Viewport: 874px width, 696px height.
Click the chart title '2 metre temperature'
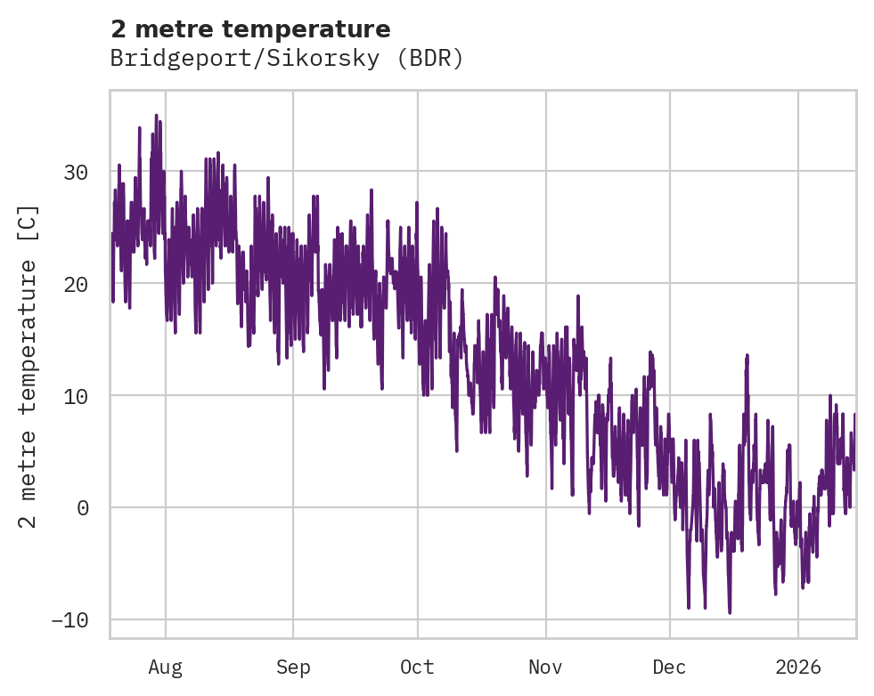click(250, 29)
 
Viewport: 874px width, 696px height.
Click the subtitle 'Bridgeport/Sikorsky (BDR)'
click(287, 59)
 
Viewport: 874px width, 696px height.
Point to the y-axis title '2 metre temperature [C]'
click(29, 366)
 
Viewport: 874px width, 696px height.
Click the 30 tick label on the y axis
click(76, 172)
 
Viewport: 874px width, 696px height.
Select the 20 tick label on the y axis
click(76, 284)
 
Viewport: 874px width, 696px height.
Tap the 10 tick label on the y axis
click(76, 396)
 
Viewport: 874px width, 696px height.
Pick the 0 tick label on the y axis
click(82, 508)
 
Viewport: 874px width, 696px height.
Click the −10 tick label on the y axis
click(69, 620)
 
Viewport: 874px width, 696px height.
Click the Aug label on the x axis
click(166, 668)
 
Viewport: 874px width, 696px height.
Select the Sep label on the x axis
click(293, 668)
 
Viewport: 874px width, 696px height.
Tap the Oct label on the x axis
click(417, 668)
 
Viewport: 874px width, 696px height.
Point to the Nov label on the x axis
click(545, 668)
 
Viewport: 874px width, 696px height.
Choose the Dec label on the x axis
click(669, 668)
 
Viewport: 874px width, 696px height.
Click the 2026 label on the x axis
click(797, 668)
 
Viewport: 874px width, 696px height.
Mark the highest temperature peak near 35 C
click(156, 116)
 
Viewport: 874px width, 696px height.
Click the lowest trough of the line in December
click(730, 612)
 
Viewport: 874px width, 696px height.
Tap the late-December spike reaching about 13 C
click(747, 355)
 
